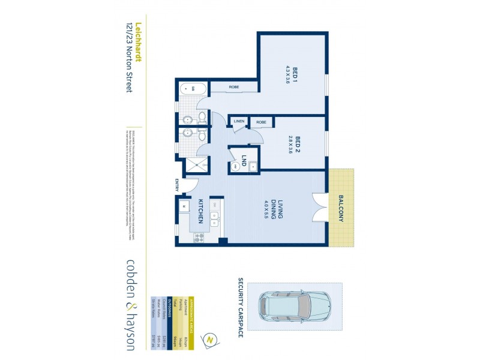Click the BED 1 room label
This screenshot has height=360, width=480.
[296, 77]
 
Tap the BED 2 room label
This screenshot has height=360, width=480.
[297, 145]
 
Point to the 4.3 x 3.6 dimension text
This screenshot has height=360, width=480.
[288, 77]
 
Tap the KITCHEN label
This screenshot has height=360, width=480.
[203, 209]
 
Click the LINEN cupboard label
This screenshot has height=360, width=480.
[239, 122]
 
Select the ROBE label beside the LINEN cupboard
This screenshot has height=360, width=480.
[261, 122]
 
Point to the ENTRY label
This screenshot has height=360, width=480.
[178, 185]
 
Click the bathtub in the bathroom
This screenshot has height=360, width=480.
[193, 90]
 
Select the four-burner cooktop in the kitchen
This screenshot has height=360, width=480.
[199, 236]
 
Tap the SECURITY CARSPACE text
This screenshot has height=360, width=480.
[241, 307]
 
